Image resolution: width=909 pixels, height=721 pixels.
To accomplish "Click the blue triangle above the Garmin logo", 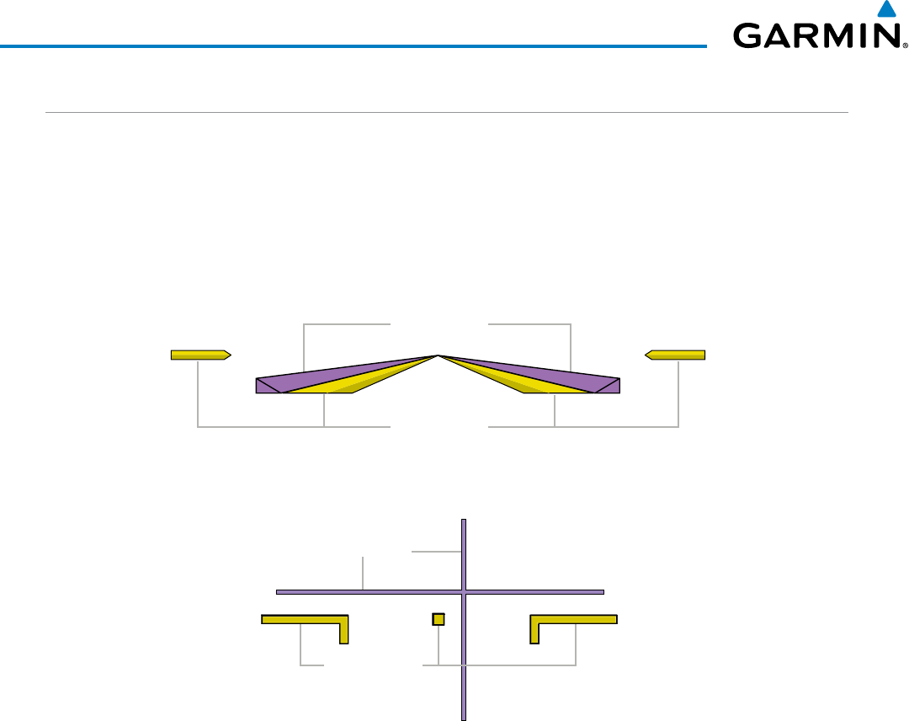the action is [887, 10].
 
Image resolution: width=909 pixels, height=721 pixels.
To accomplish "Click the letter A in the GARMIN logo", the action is [774, 36].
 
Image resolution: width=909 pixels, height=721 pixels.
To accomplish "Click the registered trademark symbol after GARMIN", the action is [905, 45].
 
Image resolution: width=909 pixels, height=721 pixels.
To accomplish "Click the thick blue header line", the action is [353, 45].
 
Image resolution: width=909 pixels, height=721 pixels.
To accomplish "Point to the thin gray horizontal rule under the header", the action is [446, 113].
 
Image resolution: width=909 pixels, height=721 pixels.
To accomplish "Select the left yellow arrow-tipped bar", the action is [201, 355].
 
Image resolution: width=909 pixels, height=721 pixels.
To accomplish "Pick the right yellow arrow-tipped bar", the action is [675, 355].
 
